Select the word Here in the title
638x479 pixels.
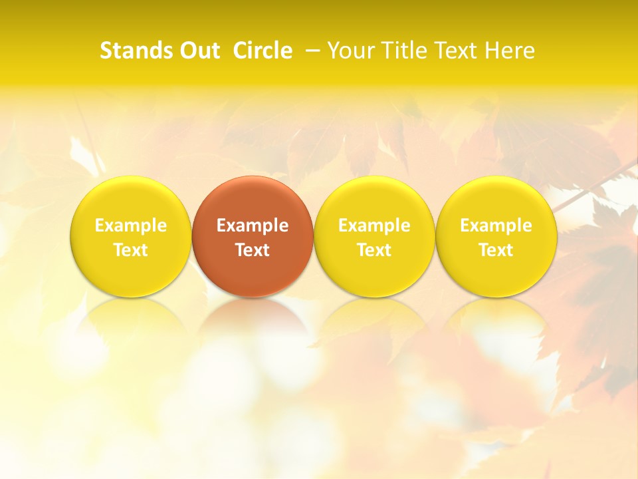click(x=509, y=51)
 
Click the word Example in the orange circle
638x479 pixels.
click(x=253, y=226)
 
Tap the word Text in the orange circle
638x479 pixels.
click(x=253, y=250)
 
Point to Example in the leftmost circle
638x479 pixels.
click(x=130, y=226)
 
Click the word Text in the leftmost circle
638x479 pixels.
click(x=130, y=250)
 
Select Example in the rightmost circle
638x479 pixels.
click(x=496, y=226)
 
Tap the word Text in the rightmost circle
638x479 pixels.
click(x=496, y=250)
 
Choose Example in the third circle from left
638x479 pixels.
click(x=374, y=226)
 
